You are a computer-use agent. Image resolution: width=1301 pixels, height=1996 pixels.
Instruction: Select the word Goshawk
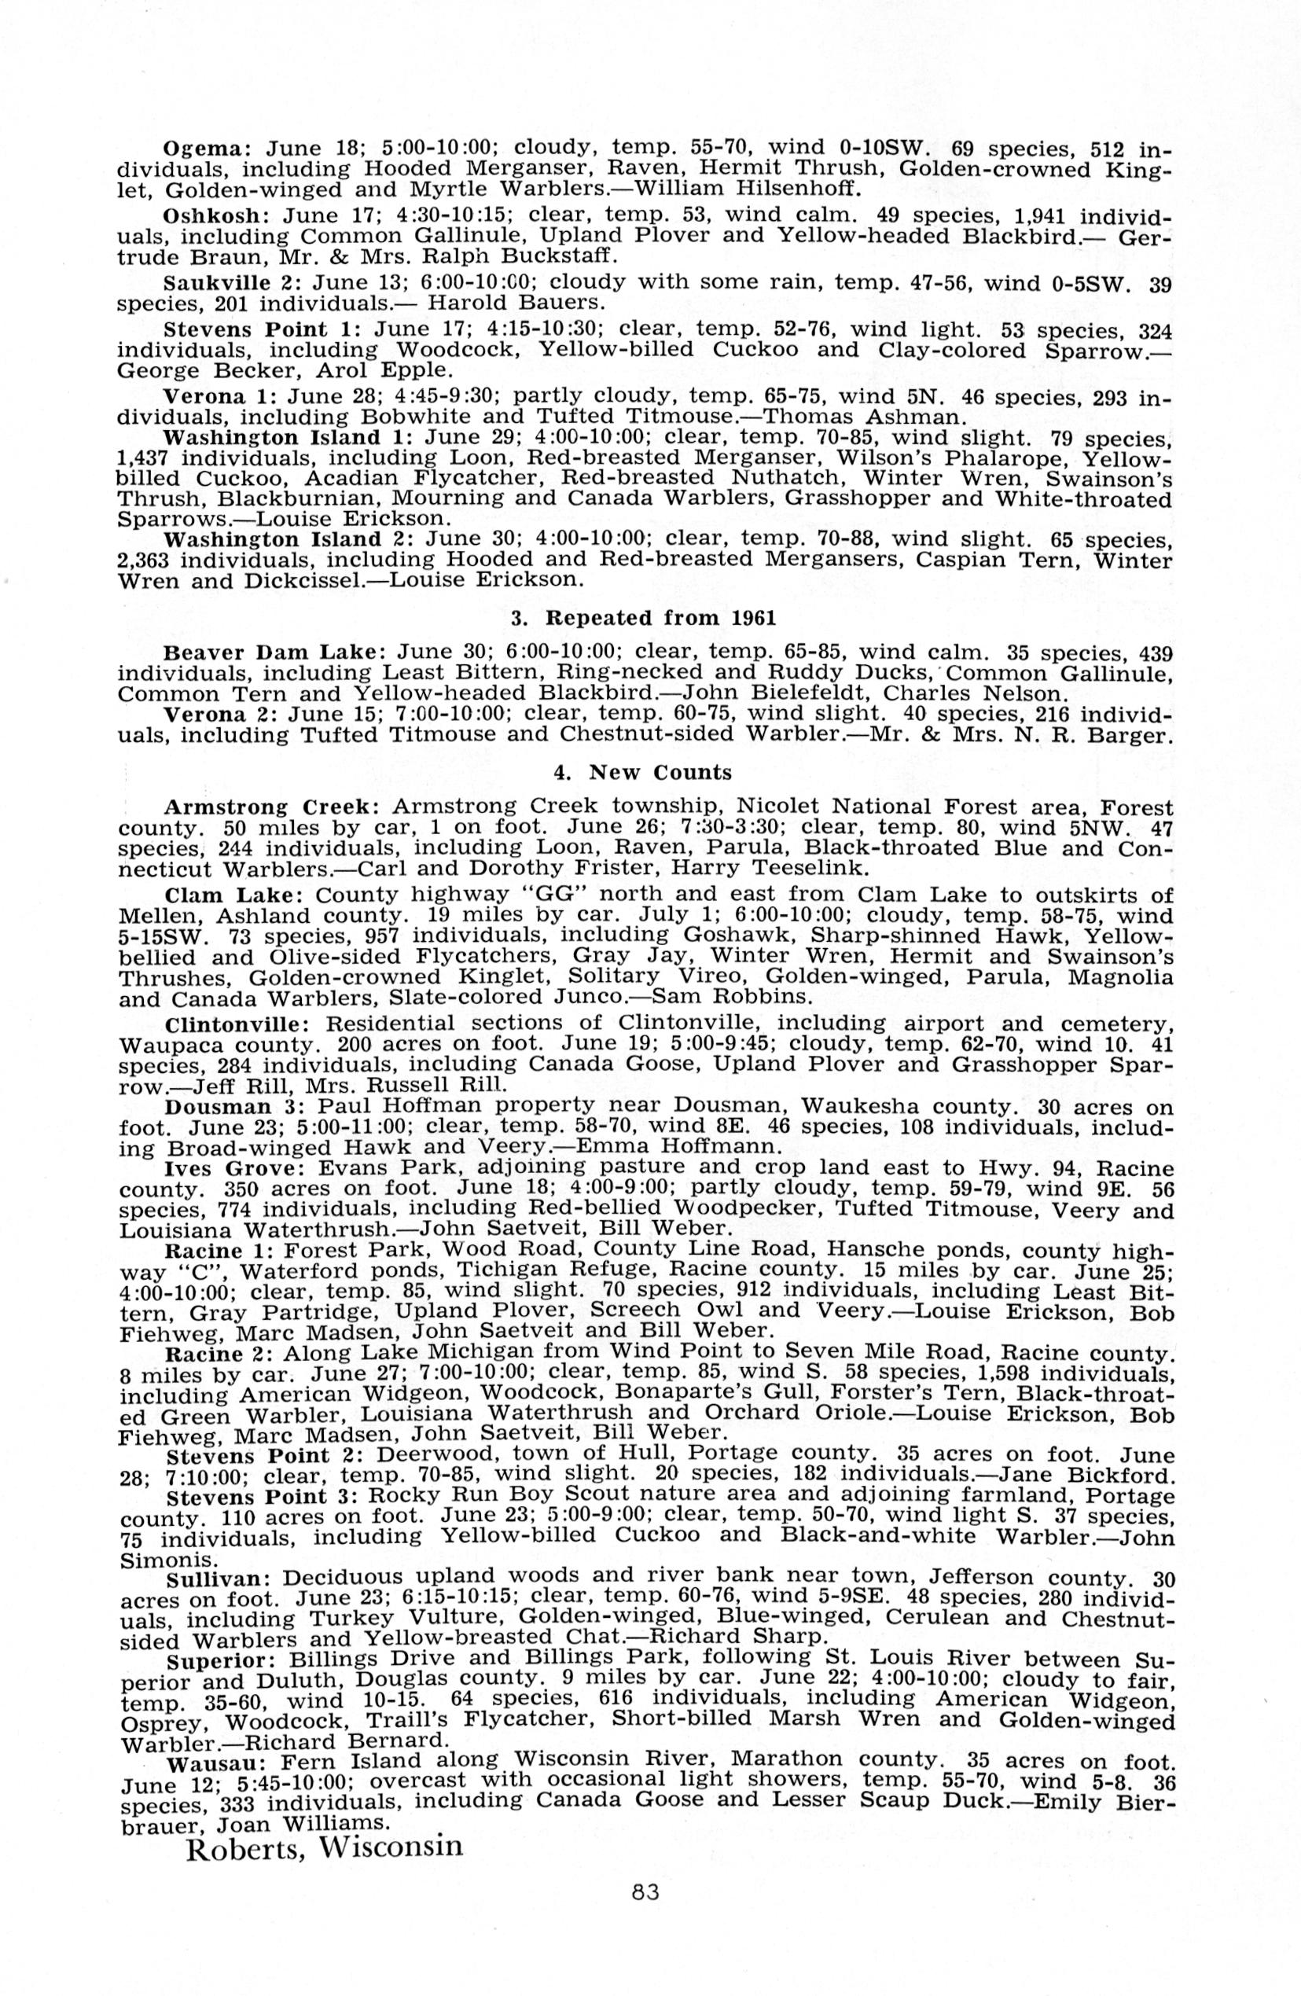pos(735,935)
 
